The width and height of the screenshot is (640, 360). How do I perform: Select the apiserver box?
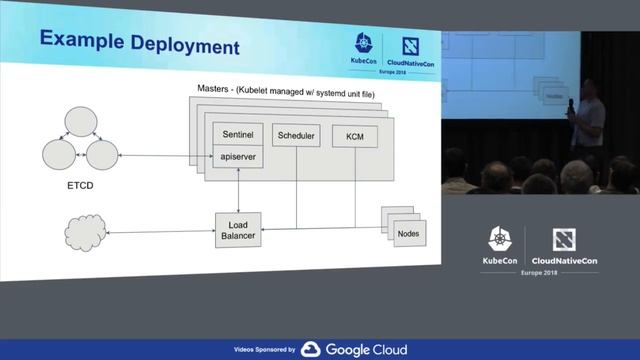[x=236, y=157]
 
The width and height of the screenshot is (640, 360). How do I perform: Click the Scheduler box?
[x=297, y=135]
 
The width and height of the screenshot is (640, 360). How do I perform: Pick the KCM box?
[x=353, y=135]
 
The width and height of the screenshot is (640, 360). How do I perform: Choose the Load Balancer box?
[x=238, y=231]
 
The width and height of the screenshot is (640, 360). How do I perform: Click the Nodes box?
[x=407, y=233]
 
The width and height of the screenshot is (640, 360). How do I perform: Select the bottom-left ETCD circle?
[x=59, y=155]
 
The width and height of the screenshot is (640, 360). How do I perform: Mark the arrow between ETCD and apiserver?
[x=166, y=156]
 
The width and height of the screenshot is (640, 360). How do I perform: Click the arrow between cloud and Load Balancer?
[x=161, y=232]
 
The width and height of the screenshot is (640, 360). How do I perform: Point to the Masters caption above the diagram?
[x=288, y=92]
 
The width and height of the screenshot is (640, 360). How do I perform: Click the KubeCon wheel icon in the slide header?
[x=363, y=44]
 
